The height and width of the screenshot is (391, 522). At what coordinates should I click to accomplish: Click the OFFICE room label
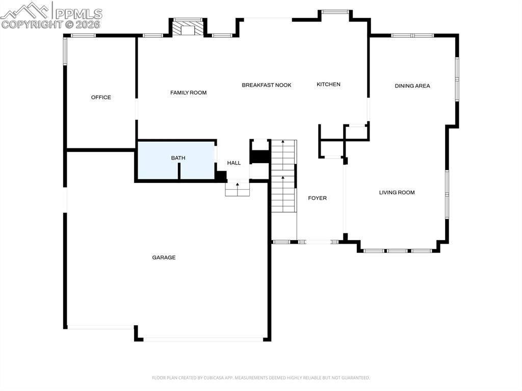(101, 97)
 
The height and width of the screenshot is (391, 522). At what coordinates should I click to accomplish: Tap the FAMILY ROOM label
(188, 93)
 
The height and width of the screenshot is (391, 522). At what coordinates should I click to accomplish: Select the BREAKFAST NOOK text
(267, 85)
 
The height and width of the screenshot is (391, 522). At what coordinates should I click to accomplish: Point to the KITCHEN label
(328, 85)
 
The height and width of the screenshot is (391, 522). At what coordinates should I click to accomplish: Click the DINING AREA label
(412, 86)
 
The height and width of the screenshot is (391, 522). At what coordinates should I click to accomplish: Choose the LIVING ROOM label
(397, 193)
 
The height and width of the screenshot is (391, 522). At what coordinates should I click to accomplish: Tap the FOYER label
(317, 198)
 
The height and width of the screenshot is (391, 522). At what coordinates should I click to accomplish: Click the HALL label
(234, 163)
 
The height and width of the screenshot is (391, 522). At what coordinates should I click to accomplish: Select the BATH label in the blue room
(178, 158)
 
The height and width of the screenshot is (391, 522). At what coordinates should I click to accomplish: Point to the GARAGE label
(164, 258)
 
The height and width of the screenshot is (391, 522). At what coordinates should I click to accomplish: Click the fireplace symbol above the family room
(188, 28)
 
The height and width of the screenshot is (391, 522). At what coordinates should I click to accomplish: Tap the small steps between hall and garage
(238, 189)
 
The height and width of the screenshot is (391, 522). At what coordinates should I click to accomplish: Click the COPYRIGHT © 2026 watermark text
(51, 24)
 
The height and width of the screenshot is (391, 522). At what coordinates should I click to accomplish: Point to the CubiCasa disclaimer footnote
(260, 378)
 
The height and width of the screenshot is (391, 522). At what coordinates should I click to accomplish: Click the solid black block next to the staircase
(260, 157)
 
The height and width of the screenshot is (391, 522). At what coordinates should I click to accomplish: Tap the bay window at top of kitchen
(335, 12)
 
